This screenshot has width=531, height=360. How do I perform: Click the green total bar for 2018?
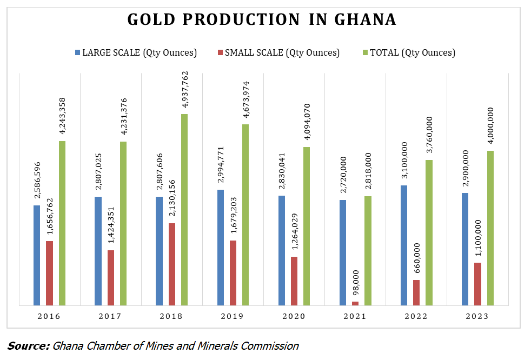coord(184,210)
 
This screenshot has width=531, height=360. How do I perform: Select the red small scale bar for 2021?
coord(355,303)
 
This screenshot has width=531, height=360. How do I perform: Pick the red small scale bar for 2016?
coord(49,273)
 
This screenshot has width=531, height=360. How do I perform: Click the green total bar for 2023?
coord(490,228)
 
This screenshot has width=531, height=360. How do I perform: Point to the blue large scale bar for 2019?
coord(221,248)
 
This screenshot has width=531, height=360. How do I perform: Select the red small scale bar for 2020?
coord(294,281)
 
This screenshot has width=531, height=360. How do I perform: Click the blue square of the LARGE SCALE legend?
coord(78,53)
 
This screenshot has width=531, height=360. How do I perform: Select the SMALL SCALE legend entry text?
coord(282,53)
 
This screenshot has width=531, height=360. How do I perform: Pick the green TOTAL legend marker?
coord(366,53)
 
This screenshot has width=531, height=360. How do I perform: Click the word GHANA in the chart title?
coord(366,20)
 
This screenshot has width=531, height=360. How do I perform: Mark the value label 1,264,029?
coord(294,232)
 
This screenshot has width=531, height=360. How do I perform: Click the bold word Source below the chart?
coord(28,346)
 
